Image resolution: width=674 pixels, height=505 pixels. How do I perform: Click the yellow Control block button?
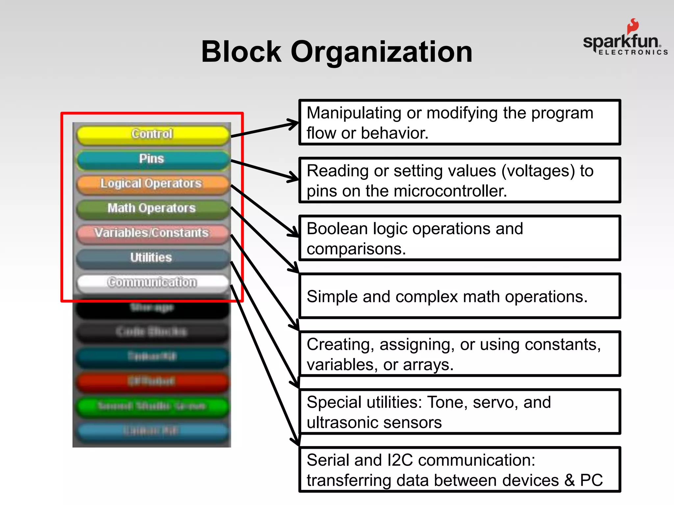152,134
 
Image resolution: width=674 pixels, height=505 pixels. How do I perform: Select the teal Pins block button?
152,159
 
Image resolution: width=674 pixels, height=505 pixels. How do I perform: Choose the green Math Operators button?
152,208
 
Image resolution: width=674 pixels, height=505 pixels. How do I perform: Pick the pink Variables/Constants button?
152,233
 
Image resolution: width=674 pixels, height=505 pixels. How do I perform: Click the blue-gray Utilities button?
152,258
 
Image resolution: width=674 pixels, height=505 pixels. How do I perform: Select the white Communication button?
152,282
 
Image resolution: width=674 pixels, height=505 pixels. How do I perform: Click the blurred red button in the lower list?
152,381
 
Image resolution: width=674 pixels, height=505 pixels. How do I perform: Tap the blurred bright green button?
152,406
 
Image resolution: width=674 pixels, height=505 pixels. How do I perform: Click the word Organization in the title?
382,53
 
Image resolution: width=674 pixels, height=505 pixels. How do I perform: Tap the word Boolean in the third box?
337,229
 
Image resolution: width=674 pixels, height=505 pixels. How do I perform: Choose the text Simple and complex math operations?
447,297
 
